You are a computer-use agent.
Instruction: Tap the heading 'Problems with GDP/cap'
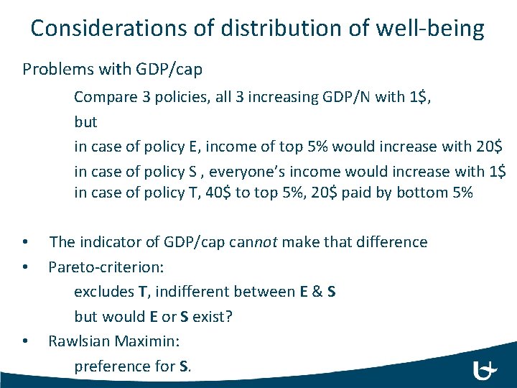112,70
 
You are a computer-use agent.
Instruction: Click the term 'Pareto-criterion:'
106,267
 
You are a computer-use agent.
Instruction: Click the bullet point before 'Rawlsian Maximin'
25,342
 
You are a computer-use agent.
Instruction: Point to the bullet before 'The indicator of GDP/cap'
25,243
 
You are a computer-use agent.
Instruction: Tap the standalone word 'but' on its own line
85,121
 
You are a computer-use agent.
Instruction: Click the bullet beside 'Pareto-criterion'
25,268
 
